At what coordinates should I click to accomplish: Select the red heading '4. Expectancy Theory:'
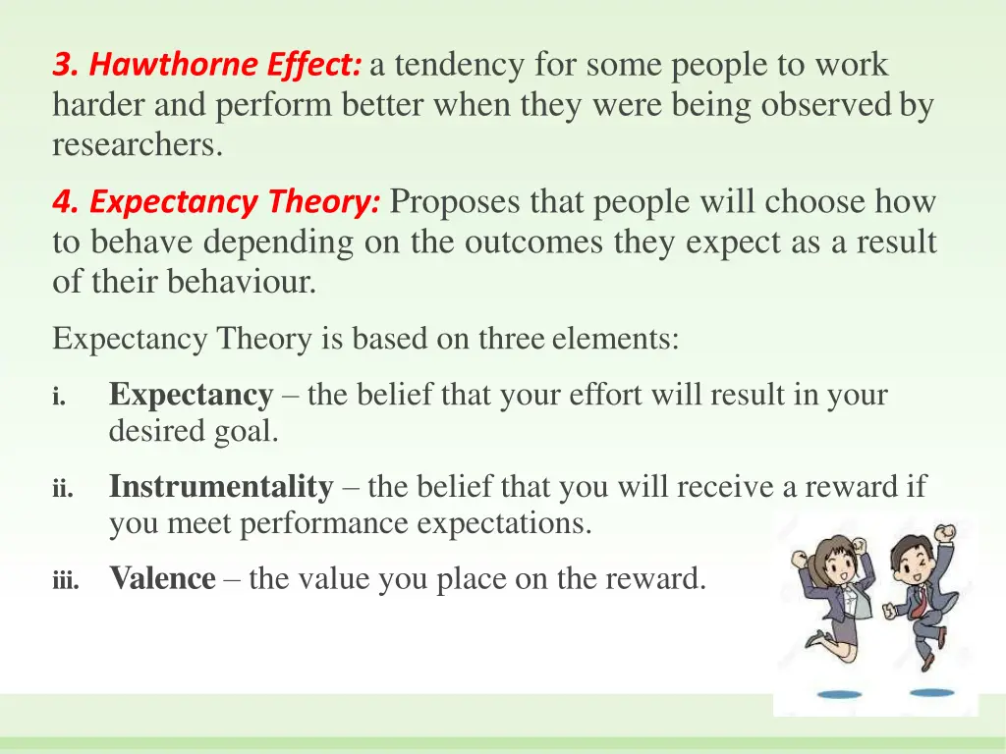(217, 203)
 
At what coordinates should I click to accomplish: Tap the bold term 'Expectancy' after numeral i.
(191, 395)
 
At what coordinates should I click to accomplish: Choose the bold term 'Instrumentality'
(221, 486)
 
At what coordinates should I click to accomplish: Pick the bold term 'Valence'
(162, 578)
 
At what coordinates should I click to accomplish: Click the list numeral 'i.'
(59, 398)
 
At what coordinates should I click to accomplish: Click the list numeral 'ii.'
(62, 489)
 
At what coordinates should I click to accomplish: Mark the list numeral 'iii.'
(65, 581)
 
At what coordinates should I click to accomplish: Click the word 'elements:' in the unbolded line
(615, 339)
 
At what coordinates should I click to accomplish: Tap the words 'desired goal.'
(194, 432)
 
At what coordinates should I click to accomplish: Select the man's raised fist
(947, 533)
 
